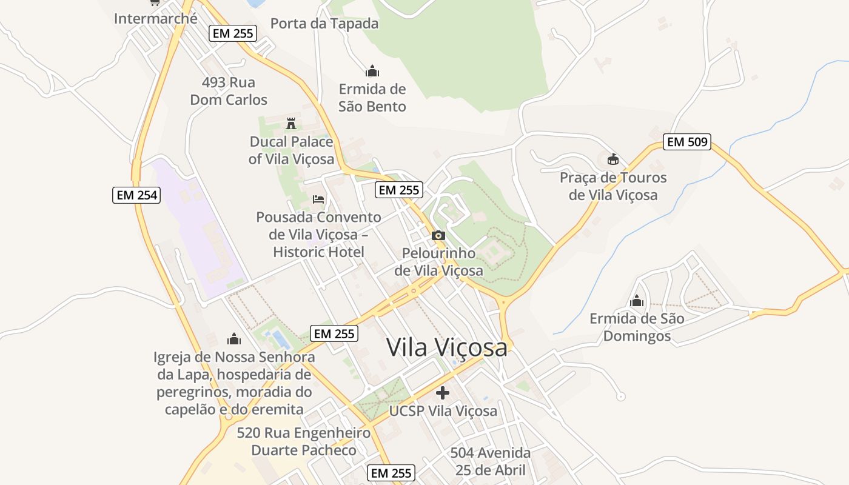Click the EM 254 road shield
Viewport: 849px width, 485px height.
(x=136, y=195)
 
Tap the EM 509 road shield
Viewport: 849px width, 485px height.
(x=686, y=142)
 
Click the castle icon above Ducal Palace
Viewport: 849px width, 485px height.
(x=291, y=124)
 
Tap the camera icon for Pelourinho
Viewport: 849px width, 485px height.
(x=438, y=235)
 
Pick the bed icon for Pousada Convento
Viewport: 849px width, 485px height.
(x=318, y=199)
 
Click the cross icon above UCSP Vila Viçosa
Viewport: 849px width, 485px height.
(x=443, y=392)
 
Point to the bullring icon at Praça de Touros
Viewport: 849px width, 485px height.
(x=613, y=159)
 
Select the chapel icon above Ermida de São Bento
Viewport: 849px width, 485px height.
(x=372, y=71)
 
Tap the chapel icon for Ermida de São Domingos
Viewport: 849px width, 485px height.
(x=637, y=300)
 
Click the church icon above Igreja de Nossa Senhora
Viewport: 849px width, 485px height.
(x=234, y=339)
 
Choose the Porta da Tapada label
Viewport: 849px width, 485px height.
(x=324, y=24)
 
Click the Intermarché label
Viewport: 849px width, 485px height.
(x=156, y=18)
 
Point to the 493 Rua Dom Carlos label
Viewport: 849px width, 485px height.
(x=229, y=91)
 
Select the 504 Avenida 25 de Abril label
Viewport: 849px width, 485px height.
(x=490, y=461)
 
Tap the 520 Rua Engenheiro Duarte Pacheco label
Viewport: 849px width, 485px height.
(x=304, y=441)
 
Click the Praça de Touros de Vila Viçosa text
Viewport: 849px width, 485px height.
(x=613, y=186)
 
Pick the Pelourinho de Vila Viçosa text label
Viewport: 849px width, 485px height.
(x=438, y=261)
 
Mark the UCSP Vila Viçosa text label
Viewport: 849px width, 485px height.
(x=443, y=411)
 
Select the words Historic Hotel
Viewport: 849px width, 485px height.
(x=318, y=252)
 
